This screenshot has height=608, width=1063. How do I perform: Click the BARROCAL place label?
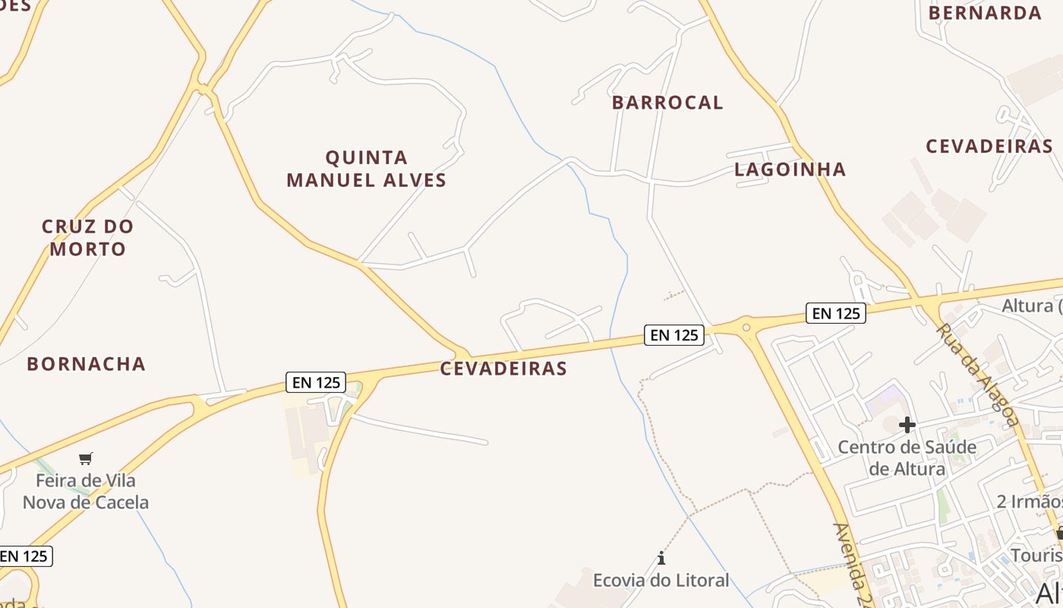667,103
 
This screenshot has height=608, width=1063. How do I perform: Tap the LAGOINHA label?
790,169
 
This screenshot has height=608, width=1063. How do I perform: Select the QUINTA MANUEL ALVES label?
367,169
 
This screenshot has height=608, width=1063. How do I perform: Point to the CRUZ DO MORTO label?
87,237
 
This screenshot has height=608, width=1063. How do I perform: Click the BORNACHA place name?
86,364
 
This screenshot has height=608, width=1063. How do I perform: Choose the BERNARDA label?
985,13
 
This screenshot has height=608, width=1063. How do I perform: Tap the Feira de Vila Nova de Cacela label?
86,491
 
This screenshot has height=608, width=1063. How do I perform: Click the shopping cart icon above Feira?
86,458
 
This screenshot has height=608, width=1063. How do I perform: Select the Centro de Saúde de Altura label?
907,458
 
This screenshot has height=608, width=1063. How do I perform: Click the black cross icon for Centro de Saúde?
907,424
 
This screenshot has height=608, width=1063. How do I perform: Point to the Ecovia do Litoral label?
661,581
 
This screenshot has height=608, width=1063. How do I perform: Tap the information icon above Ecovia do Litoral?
661,559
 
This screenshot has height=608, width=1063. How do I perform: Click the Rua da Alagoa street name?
977,375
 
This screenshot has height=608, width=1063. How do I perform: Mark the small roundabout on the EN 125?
746,328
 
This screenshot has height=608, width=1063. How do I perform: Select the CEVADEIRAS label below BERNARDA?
989,147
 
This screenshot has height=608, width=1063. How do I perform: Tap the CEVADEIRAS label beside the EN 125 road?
503,369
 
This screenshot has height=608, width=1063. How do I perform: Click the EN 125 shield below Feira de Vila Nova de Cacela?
25,556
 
